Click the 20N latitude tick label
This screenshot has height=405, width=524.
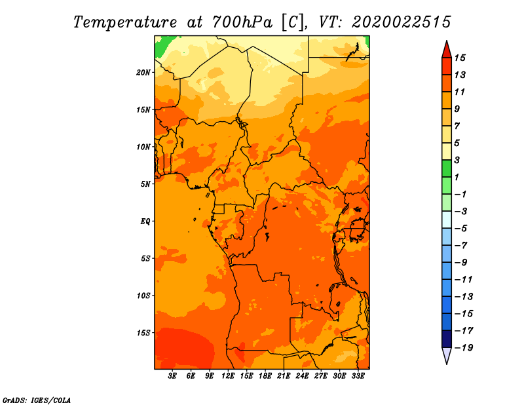pyautogui.click(x=143, y=73)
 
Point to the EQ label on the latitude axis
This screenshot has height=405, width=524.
pyautogui.click(x=145, y=222)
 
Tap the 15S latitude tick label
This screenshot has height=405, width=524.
pyautogui.click(x=143, y=333)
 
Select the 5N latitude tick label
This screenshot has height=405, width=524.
pyautogui.click(x=145, y=184)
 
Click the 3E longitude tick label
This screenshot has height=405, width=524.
pyautogui.click(x=172, y=376)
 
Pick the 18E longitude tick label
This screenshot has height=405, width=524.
pyautogui.click(x=265, y=376)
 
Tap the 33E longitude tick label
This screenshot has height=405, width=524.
pyautogui.click(x=358, y=376)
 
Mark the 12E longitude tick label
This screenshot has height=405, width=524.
pyautogui.click(x=228, y=376)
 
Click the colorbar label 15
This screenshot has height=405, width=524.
pyautogui.click(x=460, y=58)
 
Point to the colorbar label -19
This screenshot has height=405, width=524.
pyautogui.click(x=464, y=348)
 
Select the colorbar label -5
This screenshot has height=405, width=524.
pyautogui.click(x=461, y=229)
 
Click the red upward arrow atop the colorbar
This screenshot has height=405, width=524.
pyautogui.click(x=447, y=50)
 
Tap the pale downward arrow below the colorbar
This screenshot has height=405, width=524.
pyautogui.click(x=447, y=355)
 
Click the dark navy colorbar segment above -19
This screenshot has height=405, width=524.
pyautogui.click(x=447, y=339)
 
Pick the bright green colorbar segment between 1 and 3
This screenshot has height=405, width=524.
pyautogui.click(x=447, y=168)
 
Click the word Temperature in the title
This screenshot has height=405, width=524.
pyautogui.click(x=125, y=23)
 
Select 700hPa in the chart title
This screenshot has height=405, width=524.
pyautogui.click(x=242, y=22)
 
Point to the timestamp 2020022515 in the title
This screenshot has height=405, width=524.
pyautogui.click(x=402, y=22)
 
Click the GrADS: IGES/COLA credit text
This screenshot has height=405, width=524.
pyautogui.click(x=37, y=400)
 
